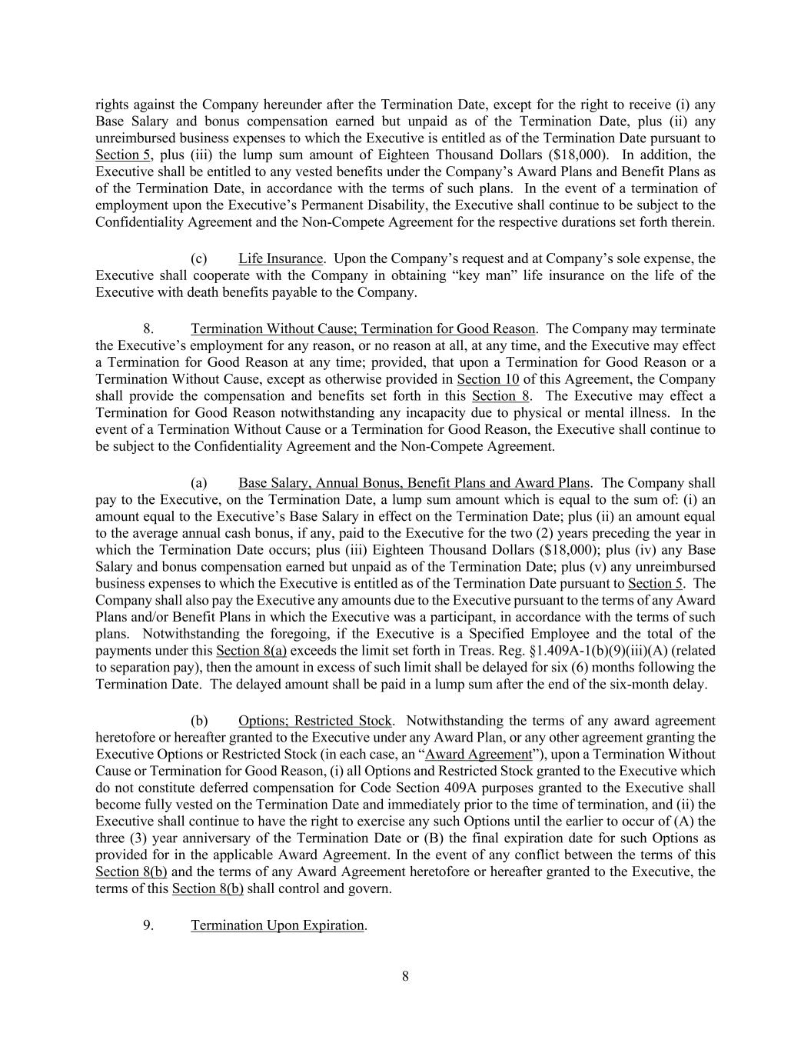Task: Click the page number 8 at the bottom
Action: click(x=405, y=977)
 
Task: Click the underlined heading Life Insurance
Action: click(x=280, y=258)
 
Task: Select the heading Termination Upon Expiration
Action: click(x=278, y=925)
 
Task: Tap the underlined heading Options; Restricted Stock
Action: click(x=315, y=721)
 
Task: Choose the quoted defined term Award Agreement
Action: click(x=478, y=755)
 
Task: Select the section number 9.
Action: click(x=148, y=925)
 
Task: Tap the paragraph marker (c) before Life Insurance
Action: click(x=198, y=258)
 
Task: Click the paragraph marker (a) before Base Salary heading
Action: click(x=198, y=483)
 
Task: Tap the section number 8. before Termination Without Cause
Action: click(x=148, y=328)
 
